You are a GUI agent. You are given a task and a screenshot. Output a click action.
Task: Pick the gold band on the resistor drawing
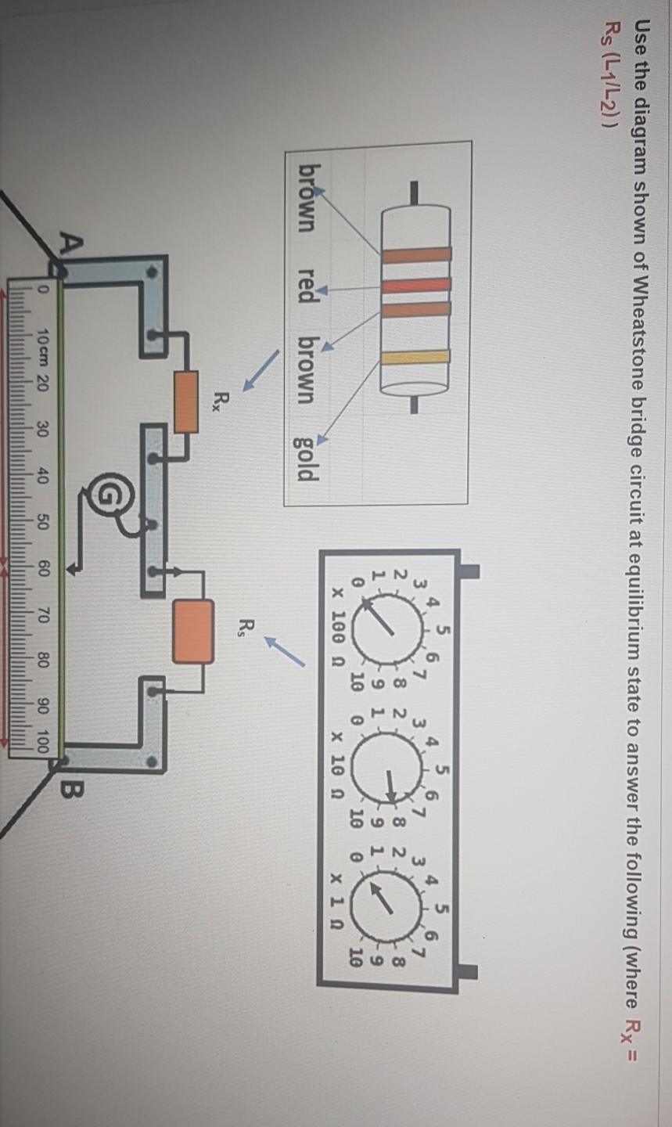pos(415,358)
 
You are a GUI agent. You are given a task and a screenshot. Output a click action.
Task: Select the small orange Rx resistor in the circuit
pos(185,402)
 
